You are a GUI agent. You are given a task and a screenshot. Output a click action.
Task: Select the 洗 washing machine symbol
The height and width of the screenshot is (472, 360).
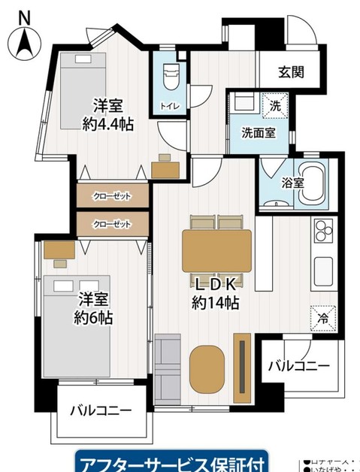275,106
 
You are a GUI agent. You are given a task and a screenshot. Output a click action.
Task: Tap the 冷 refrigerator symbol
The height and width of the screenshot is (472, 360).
321,318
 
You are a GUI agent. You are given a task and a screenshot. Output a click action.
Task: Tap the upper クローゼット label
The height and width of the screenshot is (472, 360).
112,196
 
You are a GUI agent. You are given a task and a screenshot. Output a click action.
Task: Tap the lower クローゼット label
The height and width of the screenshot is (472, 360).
112,224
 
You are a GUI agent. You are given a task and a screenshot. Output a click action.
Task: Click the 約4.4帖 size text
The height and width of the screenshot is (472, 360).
108,125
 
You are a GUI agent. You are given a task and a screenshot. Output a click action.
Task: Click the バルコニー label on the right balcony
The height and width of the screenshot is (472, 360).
298,366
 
